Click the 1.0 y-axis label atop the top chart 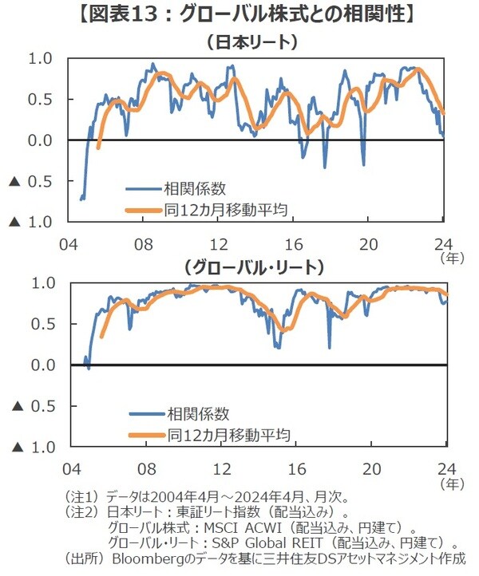point(40,58)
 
